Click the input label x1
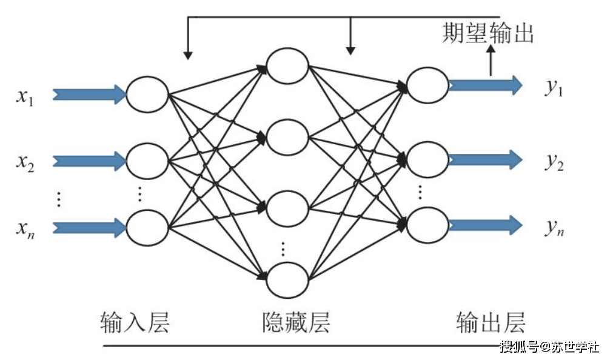[x=25, y=96]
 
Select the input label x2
[x=25, y=162]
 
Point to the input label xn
[x=25, y=228]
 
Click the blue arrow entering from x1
[x=89, y=94]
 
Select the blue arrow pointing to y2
[x=484, y=159]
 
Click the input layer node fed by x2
[x=147, y=161]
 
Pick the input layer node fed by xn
[x=147, y=227]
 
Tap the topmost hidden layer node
[x=287, y=65]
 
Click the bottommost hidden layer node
[x=287, y=279]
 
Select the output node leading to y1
[x=427, y=85]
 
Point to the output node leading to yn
[x=427, y=225]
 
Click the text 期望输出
[x=488, y=33]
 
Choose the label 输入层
[x=134, y=322]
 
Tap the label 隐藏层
[x=296, y=322]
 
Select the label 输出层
[x=490, y=322]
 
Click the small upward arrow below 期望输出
[x=491, y=61]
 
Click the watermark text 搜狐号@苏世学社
[x=549, y=347]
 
